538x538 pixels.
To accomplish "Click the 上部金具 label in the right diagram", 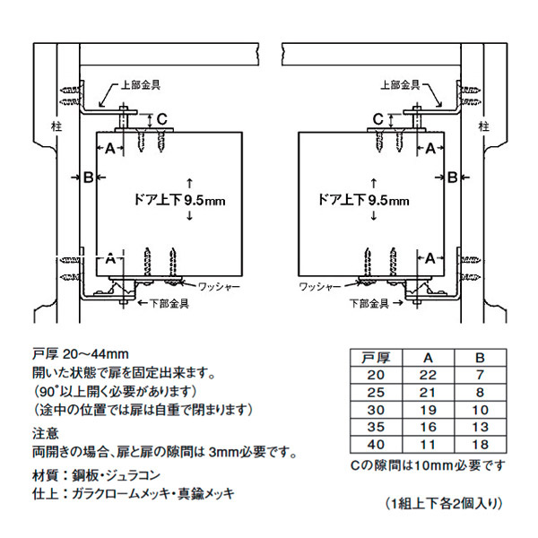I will click(x=403, y=86).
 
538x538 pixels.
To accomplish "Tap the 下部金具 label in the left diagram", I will click(x=167, y=303).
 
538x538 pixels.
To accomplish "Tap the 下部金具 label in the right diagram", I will click(x=369, y=303).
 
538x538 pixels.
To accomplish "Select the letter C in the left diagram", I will click(x=161, y=117).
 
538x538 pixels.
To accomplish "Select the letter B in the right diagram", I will click(x=453, y=177).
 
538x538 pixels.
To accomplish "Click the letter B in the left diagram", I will click(x=88, y=177).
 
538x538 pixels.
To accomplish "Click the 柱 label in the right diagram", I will click(x=485, y=126).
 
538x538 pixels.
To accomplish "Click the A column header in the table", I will click(x=428, y=357).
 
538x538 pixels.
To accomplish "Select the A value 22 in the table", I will click(x=428, y=374).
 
